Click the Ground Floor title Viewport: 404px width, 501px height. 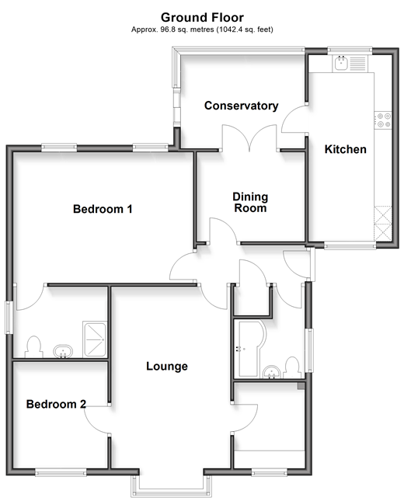(x=202, y=17)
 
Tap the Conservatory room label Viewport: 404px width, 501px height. (x=242, y=106)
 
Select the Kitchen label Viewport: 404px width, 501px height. (x=345, y=149)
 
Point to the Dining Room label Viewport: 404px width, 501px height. (x=250, y=202)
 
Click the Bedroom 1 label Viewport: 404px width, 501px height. (x=103, y=209)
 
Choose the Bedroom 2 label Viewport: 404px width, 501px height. (x=56, y=404)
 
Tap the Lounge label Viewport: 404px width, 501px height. (x=167, y=366)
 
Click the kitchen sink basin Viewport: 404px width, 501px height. (x=341, y=63)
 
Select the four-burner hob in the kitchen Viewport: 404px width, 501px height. (x=382, y=120)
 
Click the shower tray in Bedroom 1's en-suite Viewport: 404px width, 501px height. (x=94, y=339)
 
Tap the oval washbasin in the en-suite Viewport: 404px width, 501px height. (x=63, y=351)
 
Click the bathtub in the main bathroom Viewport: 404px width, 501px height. (x=249, y=348)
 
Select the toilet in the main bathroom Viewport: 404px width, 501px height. (x=292, y=367)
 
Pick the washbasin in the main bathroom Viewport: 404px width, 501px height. (x=272, y=372)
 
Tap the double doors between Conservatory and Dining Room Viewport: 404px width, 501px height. (x=249, y=137)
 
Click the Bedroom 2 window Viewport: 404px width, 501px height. (x=61, y=472)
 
